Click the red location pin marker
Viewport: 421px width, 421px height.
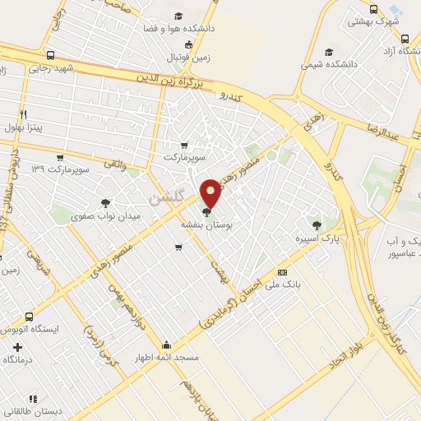(211, 193)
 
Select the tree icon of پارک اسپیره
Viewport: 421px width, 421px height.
(316, 223)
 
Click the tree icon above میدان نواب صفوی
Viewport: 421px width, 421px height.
(105, 201)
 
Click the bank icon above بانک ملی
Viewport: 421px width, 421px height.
(282, 272)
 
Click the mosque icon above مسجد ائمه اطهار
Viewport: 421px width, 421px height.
(167, 345)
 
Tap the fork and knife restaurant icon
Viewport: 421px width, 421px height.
(23, 113)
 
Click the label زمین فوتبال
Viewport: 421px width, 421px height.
(191, 58)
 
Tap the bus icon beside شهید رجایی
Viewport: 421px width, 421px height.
(52, 57)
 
